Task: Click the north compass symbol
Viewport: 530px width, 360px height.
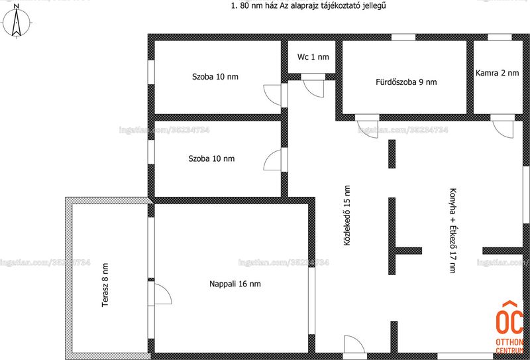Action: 16,23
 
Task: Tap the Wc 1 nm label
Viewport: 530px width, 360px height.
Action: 313,57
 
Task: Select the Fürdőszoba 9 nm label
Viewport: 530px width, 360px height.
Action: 406,82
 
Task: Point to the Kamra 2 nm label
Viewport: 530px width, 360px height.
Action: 497,73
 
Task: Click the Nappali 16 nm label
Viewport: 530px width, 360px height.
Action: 235,284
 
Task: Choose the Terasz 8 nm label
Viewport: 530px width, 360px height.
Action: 105,285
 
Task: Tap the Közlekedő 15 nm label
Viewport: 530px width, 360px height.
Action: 346,215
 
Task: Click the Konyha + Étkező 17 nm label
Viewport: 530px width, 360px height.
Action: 452,230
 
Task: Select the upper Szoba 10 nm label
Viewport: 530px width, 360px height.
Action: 215,77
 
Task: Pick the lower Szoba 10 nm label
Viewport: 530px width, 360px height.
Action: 211,158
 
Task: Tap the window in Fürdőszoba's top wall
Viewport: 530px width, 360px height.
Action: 403,37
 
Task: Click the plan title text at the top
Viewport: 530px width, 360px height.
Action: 308,6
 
